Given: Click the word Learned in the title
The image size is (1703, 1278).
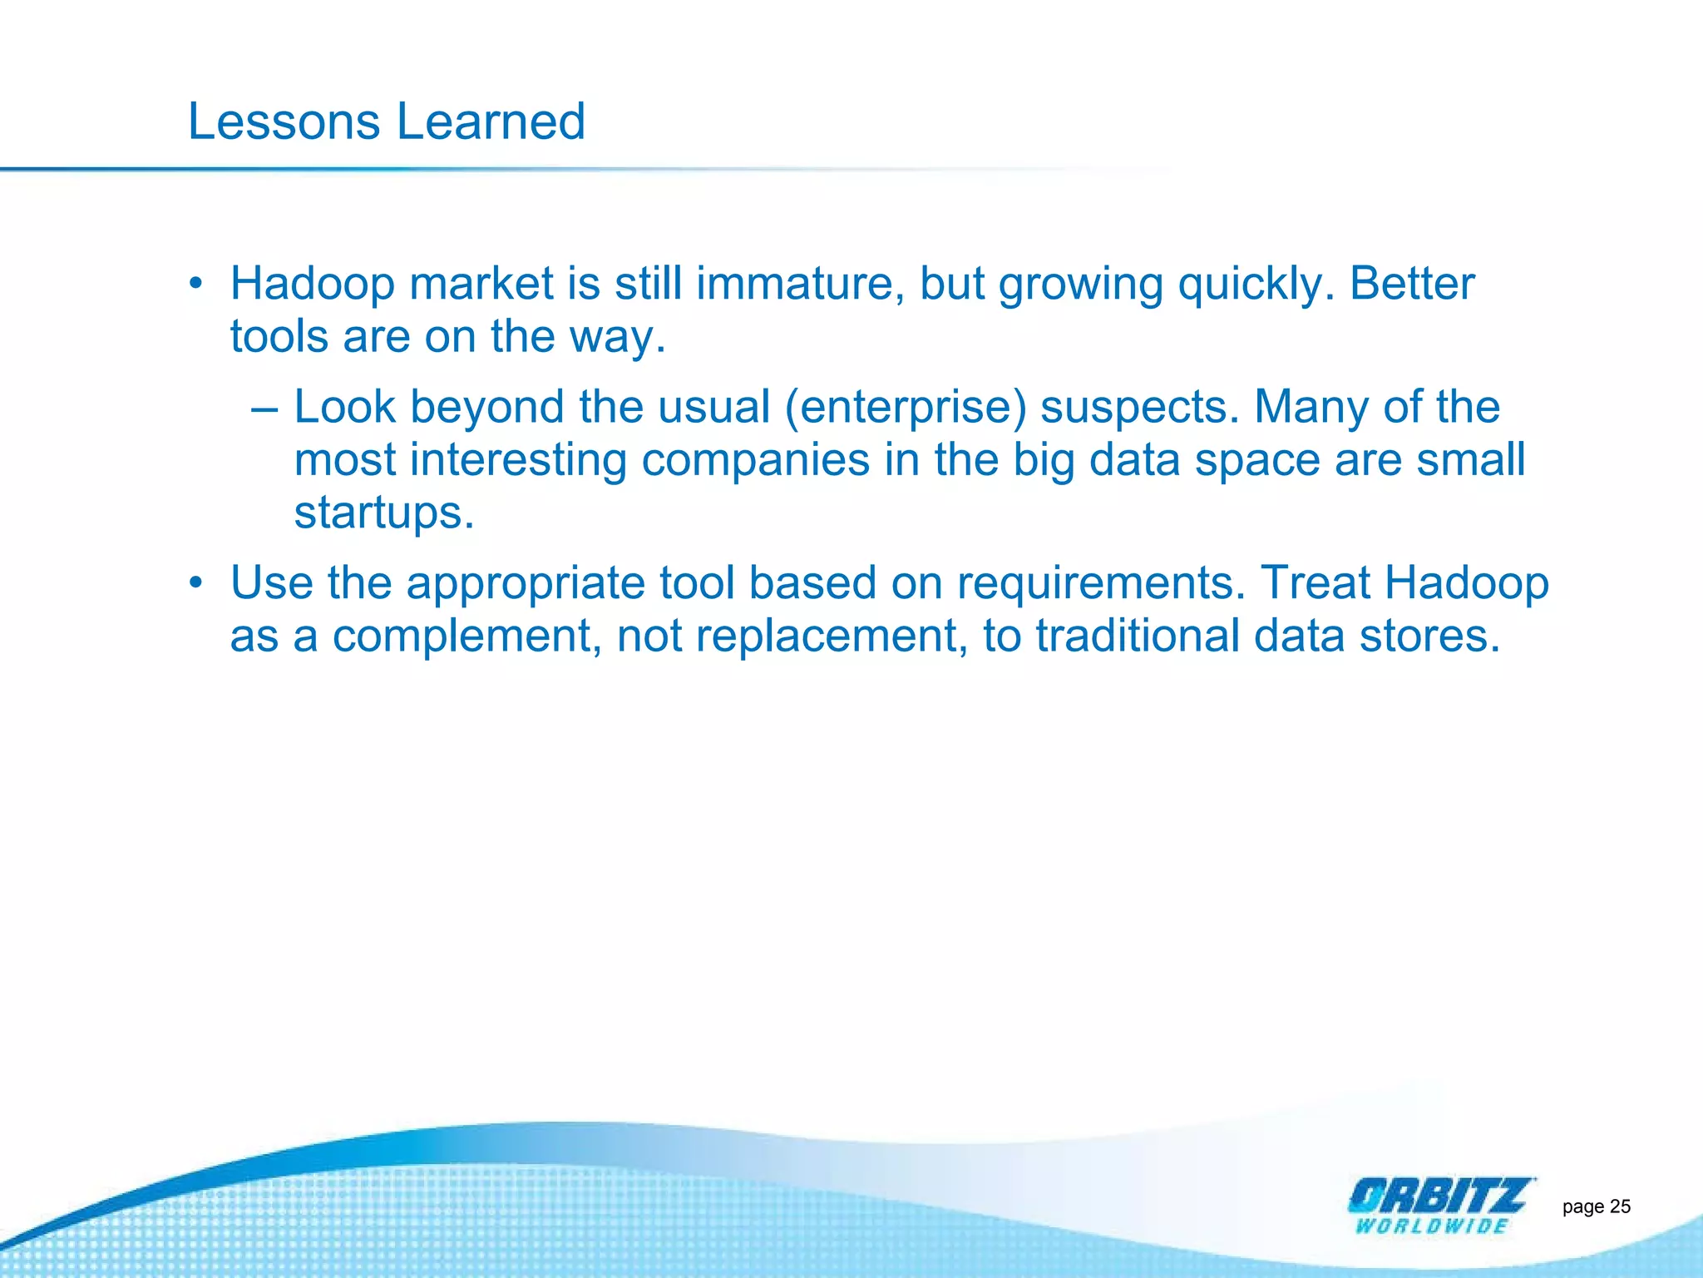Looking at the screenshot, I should (491, 121).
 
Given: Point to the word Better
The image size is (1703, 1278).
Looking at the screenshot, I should (1411, 284).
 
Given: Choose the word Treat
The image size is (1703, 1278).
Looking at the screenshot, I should (1316, 582).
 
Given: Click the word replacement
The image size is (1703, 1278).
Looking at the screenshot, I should (832, 637).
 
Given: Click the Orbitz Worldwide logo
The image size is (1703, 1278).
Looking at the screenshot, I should (1439, 1205).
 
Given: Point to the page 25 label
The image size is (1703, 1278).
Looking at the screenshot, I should (1596, 1206).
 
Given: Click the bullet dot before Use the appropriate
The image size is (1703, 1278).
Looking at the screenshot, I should (195, 582).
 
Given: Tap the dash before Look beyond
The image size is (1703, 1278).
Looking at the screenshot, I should (264, 409).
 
